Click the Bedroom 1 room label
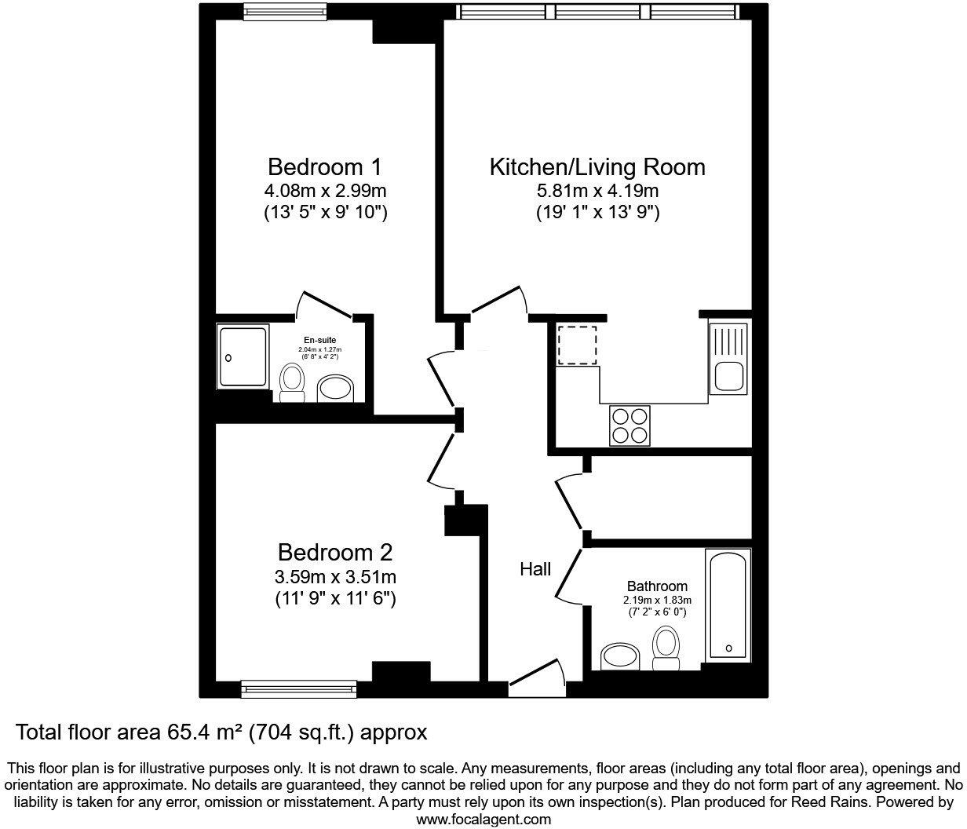tap(324, 167)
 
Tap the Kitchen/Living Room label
tap(597, 167)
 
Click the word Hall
tap(535, 569)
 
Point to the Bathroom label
tap(657, 586)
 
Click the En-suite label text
tap(320, 340)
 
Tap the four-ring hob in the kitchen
tap(629, 425)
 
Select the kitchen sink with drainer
tap(730, 358)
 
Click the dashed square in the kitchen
tap(577, 345)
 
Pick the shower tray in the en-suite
tap(242, 356)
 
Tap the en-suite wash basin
tap(338, 389)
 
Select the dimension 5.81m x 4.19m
tap(597, 191)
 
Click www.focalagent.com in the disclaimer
tap(483, 819)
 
